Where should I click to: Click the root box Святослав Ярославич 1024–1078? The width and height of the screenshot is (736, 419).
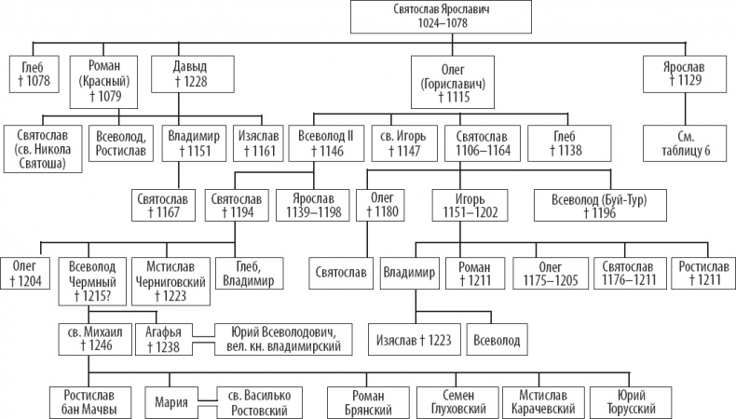pos(441,17)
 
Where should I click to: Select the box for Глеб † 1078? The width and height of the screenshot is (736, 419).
pos(34,74)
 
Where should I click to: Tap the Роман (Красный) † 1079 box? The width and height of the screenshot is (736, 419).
pos(103,82)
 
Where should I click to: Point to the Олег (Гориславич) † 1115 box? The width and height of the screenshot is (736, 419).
pos(453,82)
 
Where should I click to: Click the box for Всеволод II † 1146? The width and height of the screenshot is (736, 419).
pos(326,143)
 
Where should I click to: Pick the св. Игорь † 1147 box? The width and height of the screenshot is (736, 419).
pos(403,143)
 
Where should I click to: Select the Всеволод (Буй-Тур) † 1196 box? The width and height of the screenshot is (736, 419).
pos(600,206)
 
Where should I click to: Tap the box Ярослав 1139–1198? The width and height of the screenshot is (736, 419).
pos(314,206)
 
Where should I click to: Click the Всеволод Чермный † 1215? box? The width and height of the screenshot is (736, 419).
pos(92,281)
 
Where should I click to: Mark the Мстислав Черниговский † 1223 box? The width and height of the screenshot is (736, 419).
pos(170,281)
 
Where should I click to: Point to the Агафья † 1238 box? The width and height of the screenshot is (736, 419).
pos(164,339)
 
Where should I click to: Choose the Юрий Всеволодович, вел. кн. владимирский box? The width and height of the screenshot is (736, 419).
pos(283,339)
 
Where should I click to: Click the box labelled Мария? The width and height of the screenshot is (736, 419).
pos(171,402)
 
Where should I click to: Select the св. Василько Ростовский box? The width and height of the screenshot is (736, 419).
pos(260,402)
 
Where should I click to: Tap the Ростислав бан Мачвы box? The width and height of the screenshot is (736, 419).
pos(89,402)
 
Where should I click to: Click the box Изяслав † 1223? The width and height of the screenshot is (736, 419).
pos(414,339)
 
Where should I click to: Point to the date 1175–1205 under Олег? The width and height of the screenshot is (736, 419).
pos(550,280)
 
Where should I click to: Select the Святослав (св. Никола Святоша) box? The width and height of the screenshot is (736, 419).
pos(43,149)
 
